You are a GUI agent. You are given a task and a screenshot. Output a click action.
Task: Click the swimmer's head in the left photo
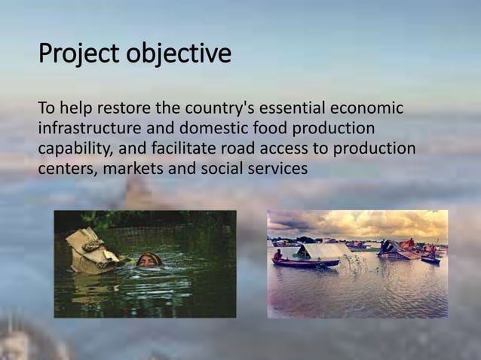152,260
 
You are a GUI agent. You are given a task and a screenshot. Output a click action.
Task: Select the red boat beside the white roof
305,263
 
